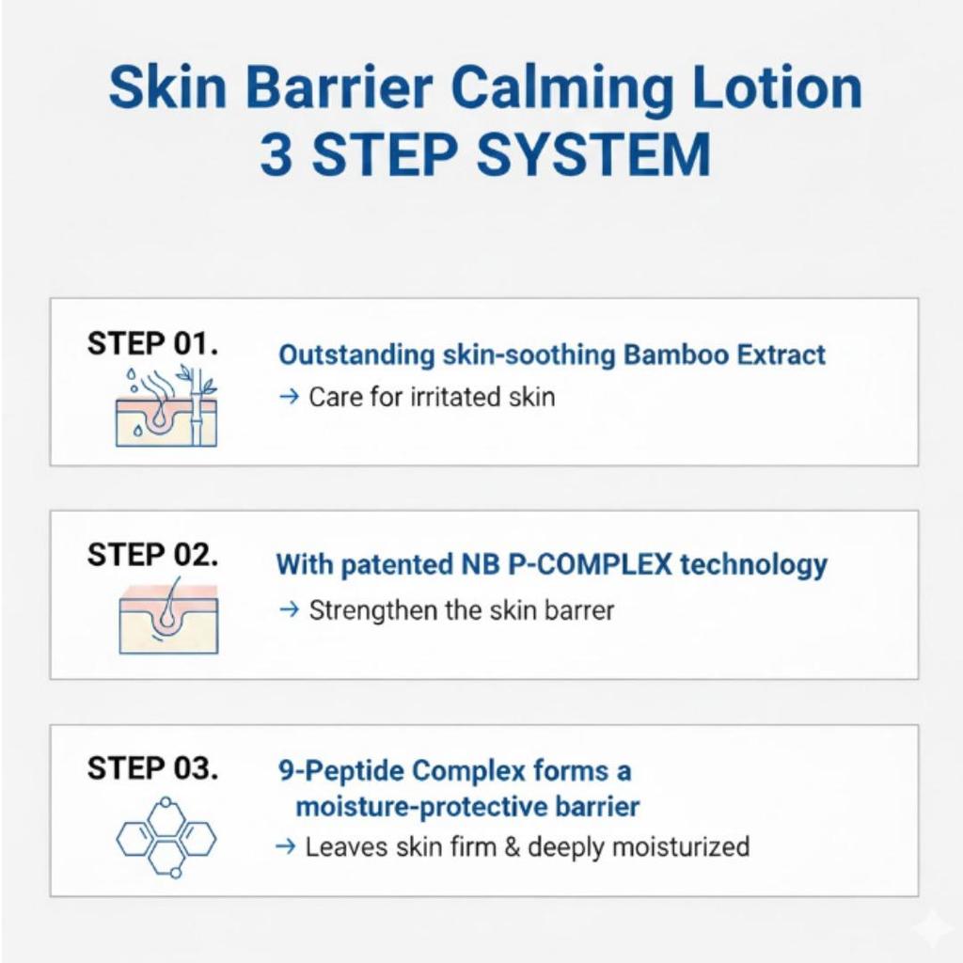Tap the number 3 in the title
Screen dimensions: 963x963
pos(276,155)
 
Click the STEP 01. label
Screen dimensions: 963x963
pos(152,343)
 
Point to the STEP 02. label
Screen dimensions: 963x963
pos(152,555)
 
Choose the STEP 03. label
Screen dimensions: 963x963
pos(152,768)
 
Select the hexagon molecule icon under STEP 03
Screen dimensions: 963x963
pos(166,837)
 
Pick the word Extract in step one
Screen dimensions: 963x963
pos(781,355)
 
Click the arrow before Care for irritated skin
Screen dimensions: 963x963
pos(289,397)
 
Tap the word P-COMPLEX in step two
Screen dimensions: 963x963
pos(592,565)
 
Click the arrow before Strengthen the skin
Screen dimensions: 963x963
pos(289,609)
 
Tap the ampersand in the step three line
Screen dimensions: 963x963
pos(513,846)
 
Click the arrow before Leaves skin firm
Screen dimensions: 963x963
pos(285,846)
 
